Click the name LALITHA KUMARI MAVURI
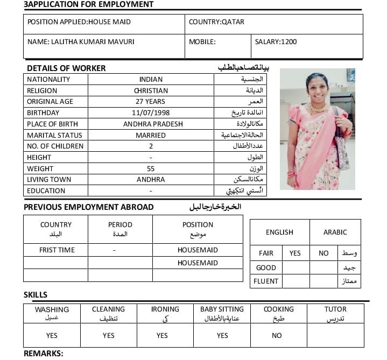click(81, 41)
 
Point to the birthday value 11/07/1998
click(151, 113)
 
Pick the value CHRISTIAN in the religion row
click(151, 91)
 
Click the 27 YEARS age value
click(151, 102)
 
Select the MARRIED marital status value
click(151, 136)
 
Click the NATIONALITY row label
click(48, 80)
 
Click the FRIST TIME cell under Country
click(57, 250)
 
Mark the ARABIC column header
click(335, 232)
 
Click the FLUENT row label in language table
click(266, 281)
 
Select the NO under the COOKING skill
click(277, 335)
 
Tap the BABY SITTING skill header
click(222, 309)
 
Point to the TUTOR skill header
click(335, 309)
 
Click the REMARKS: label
click(44, 354)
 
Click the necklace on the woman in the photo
click(318, 109)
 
